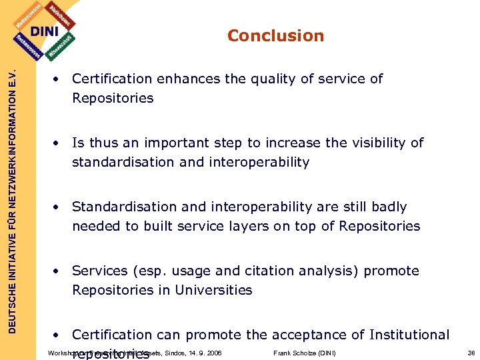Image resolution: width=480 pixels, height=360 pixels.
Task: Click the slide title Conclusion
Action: (x=275, y=36)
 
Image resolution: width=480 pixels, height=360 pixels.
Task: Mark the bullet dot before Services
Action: (x=59, y=271)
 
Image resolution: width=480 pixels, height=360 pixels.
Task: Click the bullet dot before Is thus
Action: (x=59, y=143)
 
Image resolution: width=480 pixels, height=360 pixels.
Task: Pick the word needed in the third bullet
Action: (x=93, y=226)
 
